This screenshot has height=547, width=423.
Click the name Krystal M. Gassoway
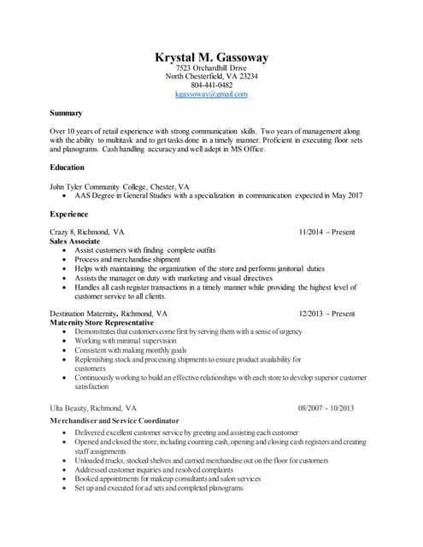click(x=211, y=57)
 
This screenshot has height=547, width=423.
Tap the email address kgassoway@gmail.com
click(x=211, y=94)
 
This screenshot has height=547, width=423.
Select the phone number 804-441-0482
click(x=211, y=85)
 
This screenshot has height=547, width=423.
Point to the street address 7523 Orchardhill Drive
click(x=211, y=68)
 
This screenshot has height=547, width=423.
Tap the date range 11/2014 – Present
click(x=326, y=232)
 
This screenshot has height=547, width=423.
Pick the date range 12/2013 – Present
click(x=326, y=314)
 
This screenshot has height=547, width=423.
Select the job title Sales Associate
click(x=75, y=241)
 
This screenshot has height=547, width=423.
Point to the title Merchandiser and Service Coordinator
click(x=114, y=421)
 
